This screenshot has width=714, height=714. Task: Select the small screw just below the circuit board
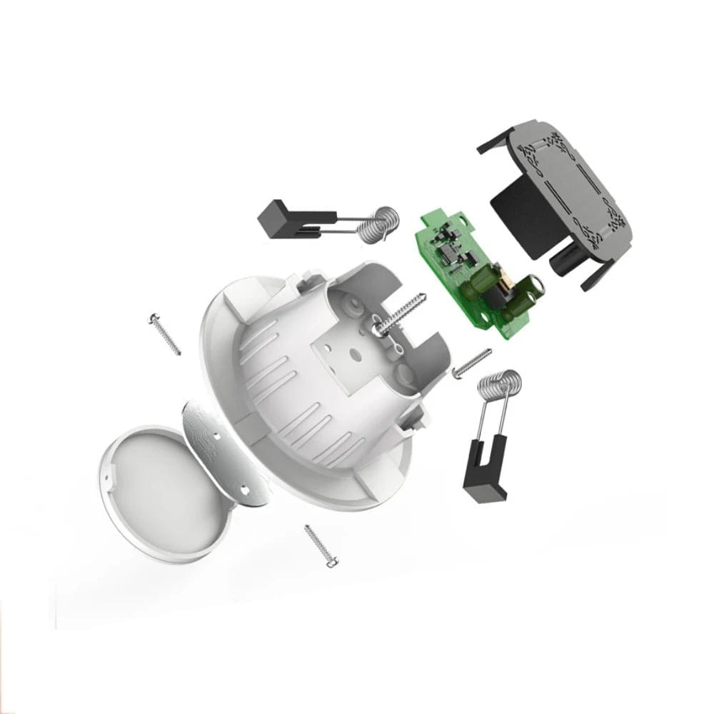pos(472,363)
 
